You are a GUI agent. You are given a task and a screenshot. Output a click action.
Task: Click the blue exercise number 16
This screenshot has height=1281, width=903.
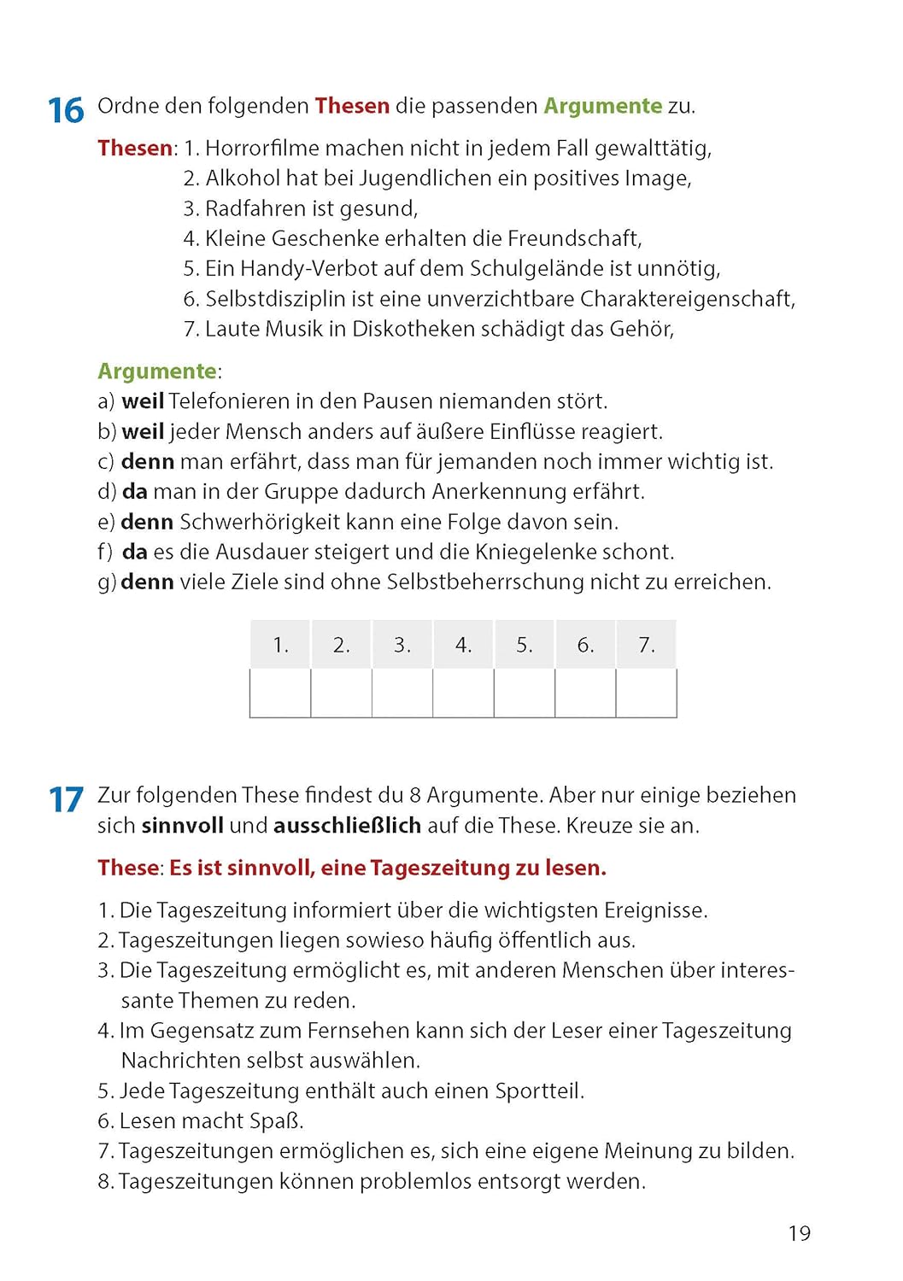pos(66,111)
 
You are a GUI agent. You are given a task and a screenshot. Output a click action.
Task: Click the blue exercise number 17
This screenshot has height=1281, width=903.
pos(66,800)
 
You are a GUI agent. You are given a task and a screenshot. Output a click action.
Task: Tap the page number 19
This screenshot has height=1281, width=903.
pos(799,1233)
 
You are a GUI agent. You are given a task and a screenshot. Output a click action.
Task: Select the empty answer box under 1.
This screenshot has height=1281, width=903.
pos(280,693)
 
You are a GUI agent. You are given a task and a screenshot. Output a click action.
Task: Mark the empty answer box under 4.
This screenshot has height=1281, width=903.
pos(463,693)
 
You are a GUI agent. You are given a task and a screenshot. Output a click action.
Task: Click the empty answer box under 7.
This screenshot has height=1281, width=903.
pos(646,693)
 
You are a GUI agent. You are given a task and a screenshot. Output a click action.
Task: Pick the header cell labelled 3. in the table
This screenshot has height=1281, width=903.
pos(402,645)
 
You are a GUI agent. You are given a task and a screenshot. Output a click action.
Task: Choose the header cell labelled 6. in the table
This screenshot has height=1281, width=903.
pos(585,645)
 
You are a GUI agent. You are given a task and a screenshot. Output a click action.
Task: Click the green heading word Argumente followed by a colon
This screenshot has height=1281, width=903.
pos(157,371)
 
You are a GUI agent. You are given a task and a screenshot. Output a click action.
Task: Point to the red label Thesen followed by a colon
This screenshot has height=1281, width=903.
pos(135,149)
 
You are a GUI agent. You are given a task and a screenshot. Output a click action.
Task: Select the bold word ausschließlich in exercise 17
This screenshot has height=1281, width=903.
pos(347,826)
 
